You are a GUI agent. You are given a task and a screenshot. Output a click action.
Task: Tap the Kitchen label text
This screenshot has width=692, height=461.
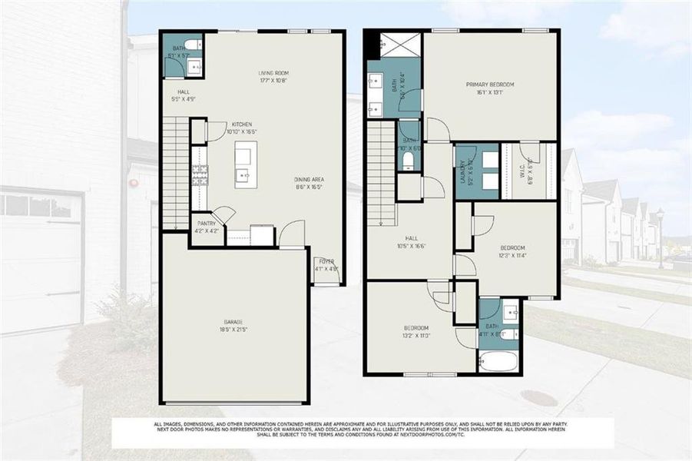pos(242,128)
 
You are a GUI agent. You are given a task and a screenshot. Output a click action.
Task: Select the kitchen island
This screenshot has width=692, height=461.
pos(246,164)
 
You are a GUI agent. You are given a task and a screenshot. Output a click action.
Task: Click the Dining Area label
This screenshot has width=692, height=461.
pos(308,183)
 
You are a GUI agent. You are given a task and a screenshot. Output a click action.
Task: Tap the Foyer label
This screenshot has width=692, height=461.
pos(326,265)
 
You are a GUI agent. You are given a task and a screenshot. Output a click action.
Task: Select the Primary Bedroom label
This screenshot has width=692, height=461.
pos(489,88)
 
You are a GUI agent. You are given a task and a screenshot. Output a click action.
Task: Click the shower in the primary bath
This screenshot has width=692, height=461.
pos(402,45)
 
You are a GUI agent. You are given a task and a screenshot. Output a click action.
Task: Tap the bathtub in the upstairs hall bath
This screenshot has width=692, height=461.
pos(498,360)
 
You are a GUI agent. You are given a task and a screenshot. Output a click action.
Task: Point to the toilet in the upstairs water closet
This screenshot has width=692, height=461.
pos(408,160)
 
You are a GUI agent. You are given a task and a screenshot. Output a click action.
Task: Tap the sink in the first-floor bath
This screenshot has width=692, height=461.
pos(194,68)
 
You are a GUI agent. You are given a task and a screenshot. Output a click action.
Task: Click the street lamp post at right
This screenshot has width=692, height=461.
pos(660,237)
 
